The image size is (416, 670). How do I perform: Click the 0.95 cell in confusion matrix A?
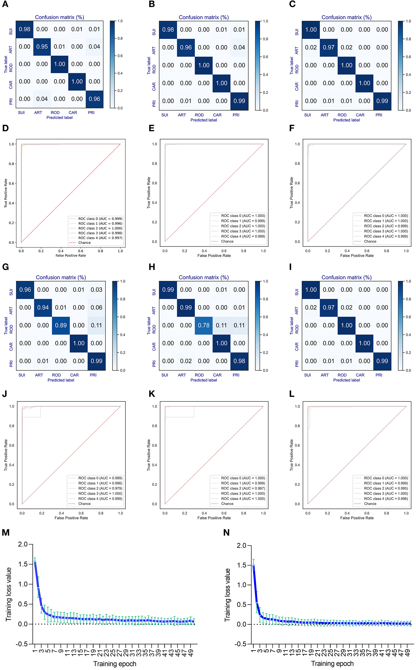click(42, 47)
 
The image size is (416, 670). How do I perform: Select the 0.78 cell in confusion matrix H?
click(204, 325)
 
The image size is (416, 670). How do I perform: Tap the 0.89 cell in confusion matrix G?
click(61, 325)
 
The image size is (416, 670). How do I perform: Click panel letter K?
click(152, 394)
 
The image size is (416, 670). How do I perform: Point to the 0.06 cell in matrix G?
click(96, 307)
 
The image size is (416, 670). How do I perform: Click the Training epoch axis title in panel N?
click(332, 664)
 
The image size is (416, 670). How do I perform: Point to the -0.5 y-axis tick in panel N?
click(240, 644)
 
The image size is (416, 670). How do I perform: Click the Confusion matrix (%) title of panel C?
click(346, 17)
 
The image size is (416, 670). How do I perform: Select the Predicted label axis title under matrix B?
click(204, 120)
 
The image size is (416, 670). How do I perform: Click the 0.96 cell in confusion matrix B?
click(186, 48)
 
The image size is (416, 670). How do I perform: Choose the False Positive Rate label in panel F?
click(357, 255)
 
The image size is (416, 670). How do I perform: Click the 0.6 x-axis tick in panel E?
click(224, 251)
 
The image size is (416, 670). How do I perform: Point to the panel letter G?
click(5, 267)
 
